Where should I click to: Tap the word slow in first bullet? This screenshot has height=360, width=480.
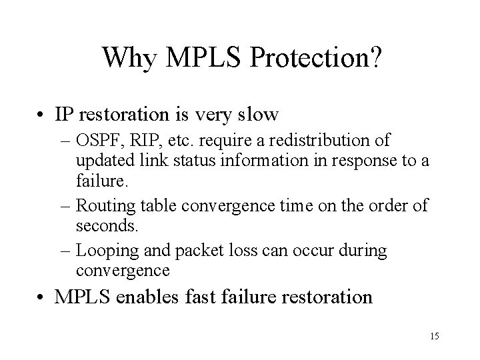(x=257, y=115)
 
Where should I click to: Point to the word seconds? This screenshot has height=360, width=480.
(x=107, y=226)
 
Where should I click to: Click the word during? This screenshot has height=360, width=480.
(x=363, y=251)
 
